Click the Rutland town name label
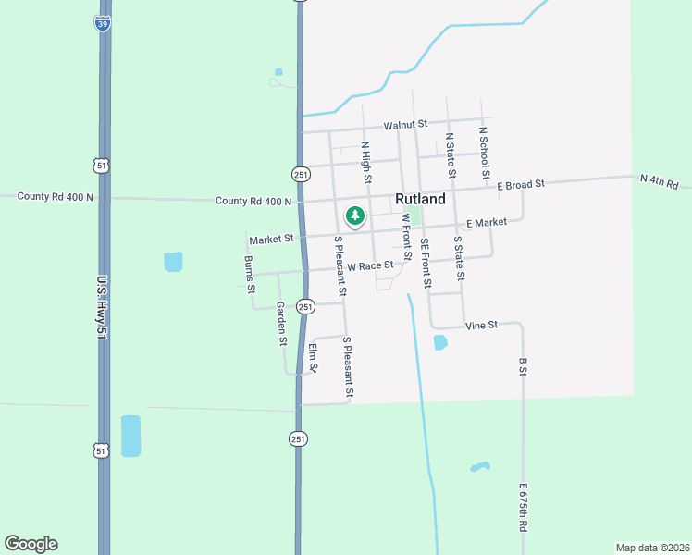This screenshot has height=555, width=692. coord(420,199)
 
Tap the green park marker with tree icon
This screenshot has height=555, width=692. coord(354,216)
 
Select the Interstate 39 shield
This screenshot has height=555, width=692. coord(102,23)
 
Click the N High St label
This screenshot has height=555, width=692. coord(366,161)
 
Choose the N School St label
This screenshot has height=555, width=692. coord(484,149)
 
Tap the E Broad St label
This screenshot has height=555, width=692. coord(521,185)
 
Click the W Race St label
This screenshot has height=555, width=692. coord(370,265)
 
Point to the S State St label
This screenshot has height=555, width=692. coord(458,257)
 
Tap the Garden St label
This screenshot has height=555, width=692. coord(281,323)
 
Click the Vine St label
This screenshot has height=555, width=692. coord(481,325)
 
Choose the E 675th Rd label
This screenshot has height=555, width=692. coord(523,507)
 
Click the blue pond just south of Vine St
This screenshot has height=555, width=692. coord(440,342)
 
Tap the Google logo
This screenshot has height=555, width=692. coord(31,544)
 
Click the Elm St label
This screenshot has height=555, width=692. coord(314,358)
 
